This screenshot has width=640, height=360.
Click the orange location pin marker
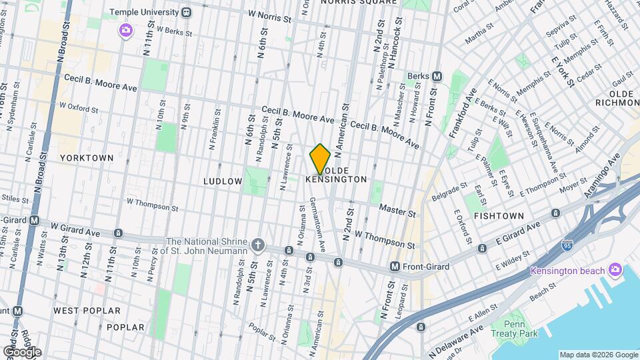(321, 159)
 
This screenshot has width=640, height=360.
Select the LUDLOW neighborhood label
(223, 181)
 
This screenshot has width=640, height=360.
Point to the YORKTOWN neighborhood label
(87, 158)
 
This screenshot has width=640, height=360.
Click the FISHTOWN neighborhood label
(499, 217)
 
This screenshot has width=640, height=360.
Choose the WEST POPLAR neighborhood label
(87, 311)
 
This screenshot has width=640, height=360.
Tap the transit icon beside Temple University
(187, 12)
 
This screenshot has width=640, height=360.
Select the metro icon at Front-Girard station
(395, 267)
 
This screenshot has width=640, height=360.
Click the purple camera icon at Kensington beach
(614, 270)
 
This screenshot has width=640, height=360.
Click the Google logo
(21, 351)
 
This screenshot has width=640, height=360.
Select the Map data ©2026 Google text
(598, 355)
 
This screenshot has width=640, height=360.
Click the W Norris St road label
(270, 13)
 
